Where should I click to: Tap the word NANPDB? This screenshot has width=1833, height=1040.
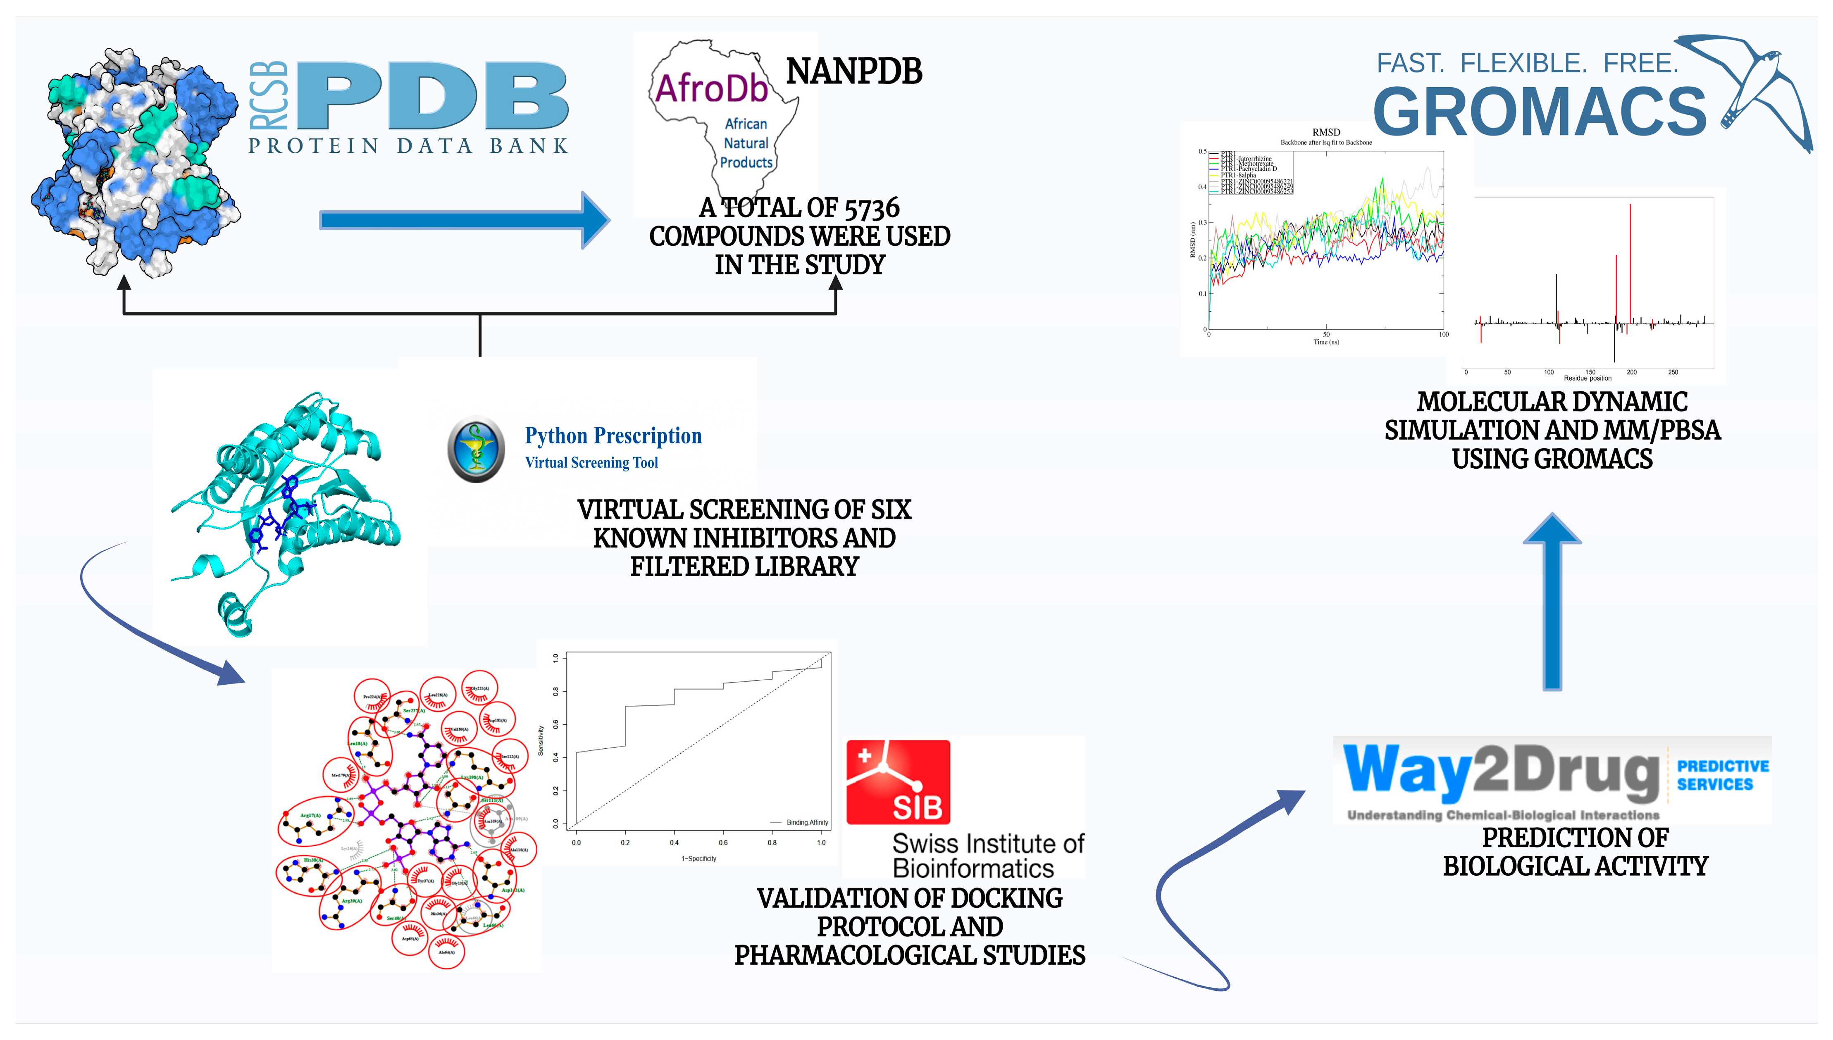tap(853, 71)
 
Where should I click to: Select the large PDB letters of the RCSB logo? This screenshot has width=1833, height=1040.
tap(432, 96)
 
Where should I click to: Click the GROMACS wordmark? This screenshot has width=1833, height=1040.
tap(1540, 112)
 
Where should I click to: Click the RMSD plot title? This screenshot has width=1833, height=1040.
tap(1326, 132)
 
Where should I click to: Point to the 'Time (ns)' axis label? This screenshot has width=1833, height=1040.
tap(1326, 342)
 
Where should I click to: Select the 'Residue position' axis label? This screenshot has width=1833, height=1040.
tap(1587, 378)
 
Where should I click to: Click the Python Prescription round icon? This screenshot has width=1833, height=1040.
tap(476, 449)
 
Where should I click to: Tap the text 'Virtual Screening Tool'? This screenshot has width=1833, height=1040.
tap(591, 463)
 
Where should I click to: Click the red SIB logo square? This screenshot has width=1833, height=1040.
tap(898, 782)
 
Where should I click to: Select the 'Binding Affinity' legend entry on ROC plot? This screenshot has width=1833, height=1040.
tap(806, 822)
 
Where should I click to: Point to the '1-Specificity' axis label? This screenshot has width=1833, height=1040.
tap(698, 859)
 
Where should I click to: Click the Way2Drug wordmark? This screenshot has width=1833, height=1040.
tap(1500, 771)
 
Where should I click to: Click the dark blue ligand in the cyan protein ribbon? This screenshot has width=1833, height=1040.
tap(282, 511)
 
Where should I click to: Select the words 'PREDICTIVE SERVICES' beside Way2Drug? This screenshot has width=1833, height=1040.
tap(1722, 775)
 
